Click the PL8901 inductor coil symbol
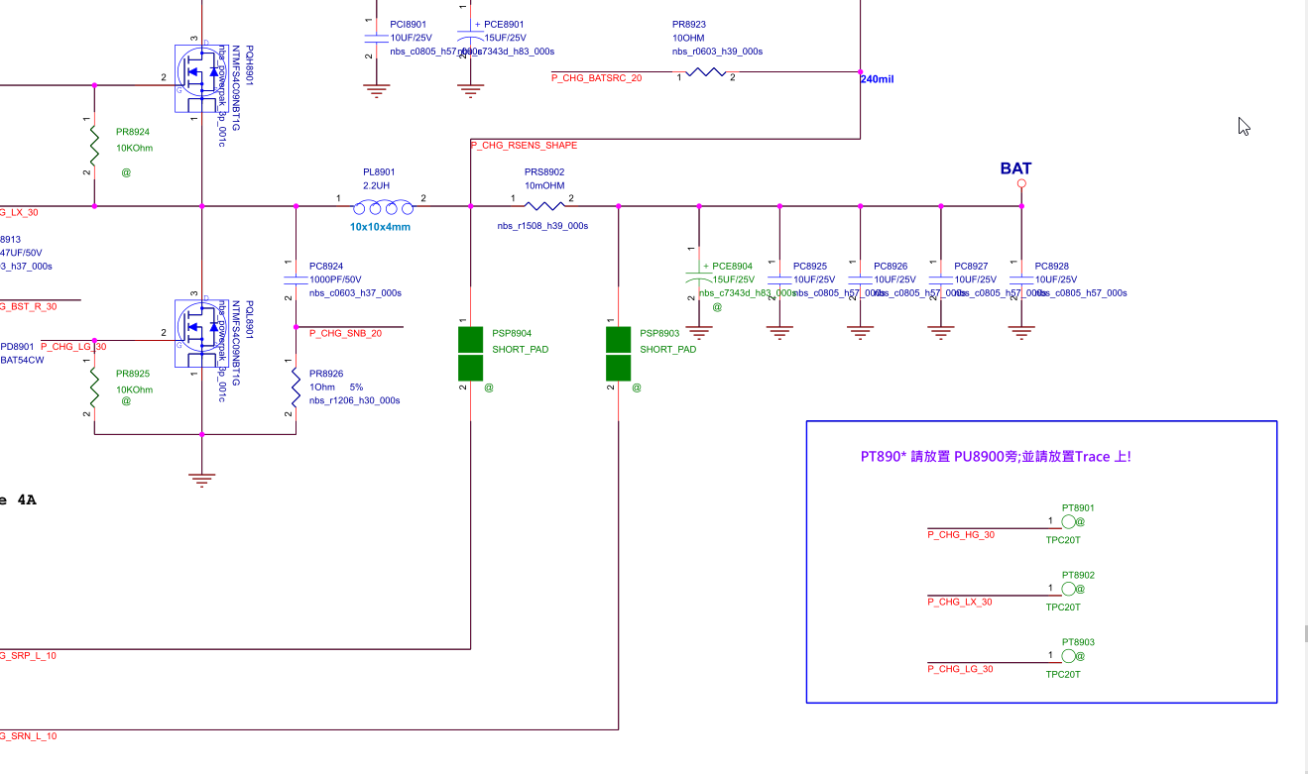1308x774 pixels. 384,206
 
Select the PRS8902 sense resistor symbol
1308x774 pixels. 543,206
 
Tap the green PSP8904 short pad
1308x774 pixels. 470,353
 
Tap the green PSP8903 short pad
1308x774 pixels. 619,353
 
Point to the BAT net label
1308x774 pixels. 1015,168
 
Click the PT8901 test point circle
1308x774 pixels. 1068,522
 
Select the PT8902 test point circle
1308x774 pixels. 1068,590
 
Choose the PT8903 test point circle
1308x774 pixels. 1068,656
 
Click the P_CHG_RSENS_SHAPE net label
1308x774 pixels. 524,146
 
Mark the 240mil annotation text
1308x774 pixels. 878,79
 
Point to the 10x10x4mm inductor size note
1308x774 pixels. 380,227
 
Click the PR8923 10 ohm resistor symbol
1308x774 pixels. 707,72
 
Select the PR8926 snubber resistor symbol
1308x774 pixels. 296,387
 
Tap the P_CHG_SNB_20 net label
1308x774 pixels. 346,334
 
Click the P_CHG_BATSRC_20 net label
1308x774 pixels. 597,77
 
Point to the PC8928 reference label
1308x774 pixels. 1051,267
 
